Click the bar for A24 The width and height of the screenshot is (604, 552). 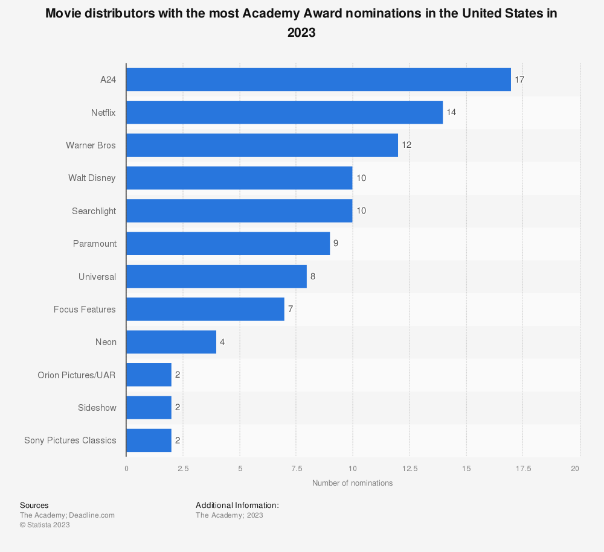tap(318, 80)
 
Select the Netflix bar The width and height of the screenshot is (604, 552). tap(284, 112)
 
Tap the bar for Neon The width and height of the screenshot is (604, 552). tap(171, 342)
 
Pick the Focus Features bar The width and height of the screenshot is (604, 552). tap(205, 309)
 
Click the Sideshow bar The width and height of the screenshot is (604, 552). tap(149, 407)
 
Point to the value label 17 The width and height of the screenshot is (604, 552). tap(519, 80)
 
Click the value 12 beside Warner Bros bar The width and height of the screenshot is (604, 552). tap(406, 145)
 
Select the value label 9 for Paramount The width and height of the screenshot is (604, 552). tap(336, 244)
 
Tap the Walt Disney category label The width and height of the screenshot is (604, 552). tap(92, 178)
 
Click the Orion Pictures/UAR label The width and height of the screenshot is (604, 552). tap(77, 375)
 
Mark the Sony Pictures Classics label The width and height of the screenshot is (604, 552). tap(70, 440)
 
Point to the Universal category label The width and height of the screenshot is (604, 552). tap(97, 276)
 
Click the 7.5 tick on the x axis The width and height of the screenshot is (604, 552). tap(296, 469)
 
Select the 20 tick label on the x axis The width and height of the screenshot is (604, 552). tap(576, 469)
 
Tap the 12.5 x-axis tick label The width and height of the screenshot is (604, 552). tap(410, 469)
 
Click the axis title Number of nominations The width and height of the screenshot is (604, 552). tap(352, 483)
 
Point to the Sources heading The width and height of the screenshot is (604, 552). tap(34, 506)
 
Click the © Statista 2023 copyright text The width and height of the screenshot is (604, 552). tap(45, 525)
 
